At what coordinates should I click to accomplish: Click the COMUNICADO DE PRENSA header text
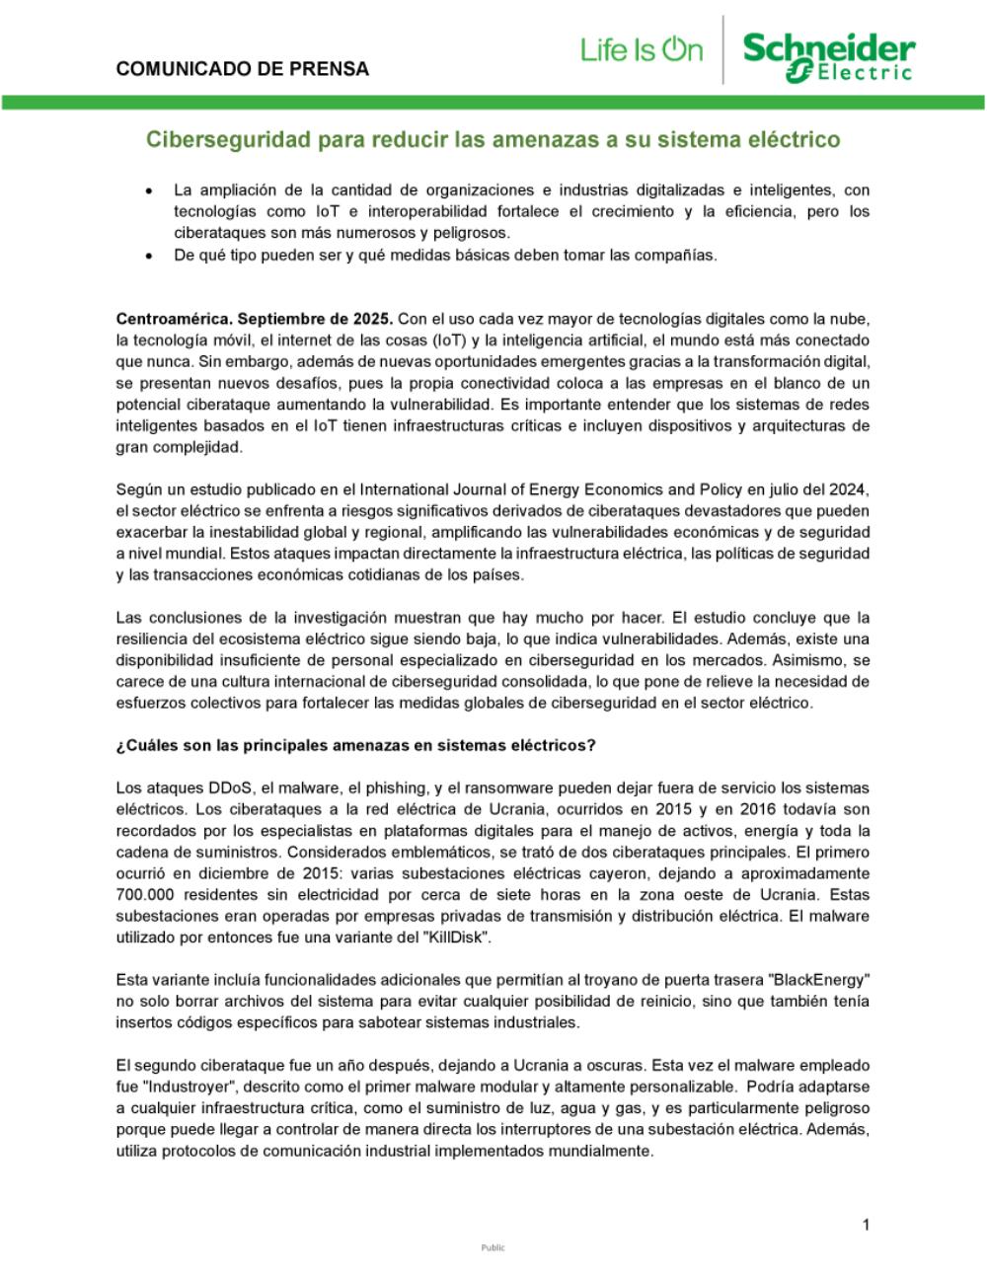[243, 69]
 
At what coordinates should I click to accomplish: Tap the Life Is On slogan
[642, 49]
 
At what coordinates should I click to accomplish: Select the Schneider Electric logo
[829, 55]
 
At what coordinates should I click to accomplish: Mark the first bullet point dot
[148, 190]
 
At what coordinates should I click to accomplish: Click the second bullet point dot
[148, 256]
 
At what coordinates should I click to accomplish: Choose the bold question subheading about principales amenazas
[356, 745]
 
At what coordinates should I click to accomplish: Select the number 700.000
[146, 895]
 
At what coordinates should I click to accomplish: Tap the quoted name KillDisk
[455, 938]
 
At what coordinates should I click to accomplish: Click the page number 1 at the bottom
[866, 1226]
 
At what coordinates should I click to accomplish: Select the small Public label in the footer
[493, 1247]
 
